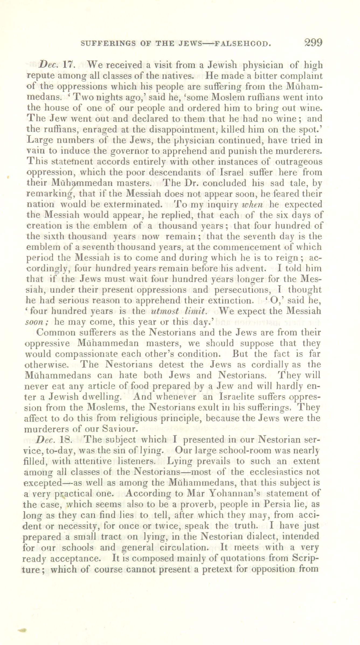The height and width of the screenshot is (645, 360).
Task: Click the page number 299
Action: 313,43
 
